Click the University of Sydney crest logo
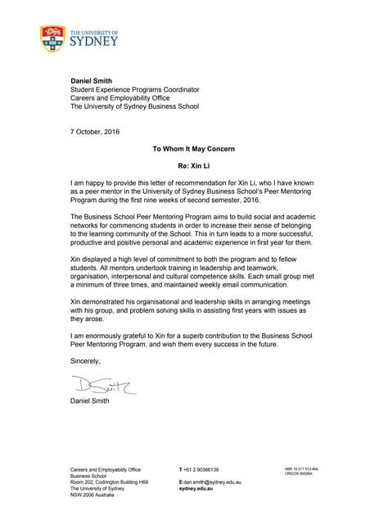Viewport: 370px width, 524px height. (x=52, y=38)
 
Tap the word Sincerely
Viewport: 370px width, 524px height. (x=85, y=361)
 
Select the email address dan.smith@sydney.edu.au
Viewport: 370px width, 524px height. (x=213, y=485)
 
